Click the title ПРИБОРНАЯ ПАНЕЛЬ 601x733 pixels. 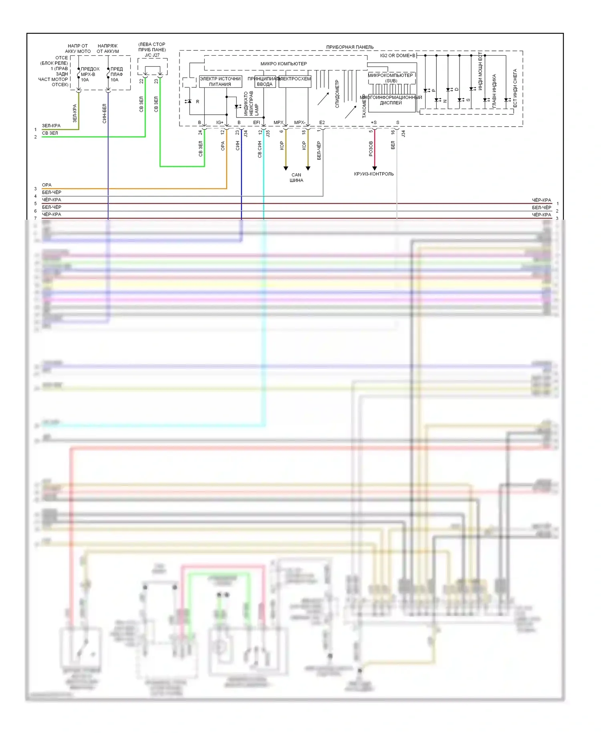[x=350, y=47]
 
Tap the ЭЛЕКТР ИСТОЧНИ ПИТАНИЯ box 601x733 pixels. [x=220, y=81]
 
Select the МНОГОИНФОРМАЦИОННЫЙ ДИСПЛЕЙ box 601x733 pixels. [x=391, y=100]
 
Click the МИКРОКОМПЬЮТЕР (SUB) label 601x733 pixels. [x=391, y=78]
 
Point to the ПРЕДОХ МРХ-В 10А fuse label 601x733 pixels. [x=90, y=74]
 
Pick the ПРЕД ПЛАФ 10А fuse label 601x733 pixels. [x=116, y=74]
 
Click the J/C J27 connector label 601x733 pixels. [x=152, y=55]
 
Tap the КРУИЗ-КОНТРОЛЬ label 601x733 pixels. [x=374, y=174]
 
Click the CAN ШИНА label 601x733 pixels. [x=296, y=177]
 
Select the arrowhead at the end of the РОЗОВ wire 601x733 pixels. [x=375, y=168]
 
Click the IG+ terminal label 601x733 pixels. [x=220, y=122]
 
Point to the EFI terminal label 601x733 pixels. [x=256, y=122]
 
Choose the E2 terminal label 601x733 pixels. [x=322, y=122]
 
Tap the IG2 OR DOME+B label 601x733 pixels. [x=397, y=55]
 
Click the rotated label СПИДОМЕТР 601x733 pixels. [x=337, y=94]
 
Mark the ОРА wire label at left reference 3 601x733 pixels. [x=46, y=185]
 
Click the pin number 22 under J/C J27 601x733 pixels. [x=141, y=81]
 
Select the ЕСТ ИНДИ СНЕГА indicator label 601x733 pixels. [x=515, y=88]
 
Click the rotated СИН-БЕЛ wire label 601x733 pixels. [x=104, y=113]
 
